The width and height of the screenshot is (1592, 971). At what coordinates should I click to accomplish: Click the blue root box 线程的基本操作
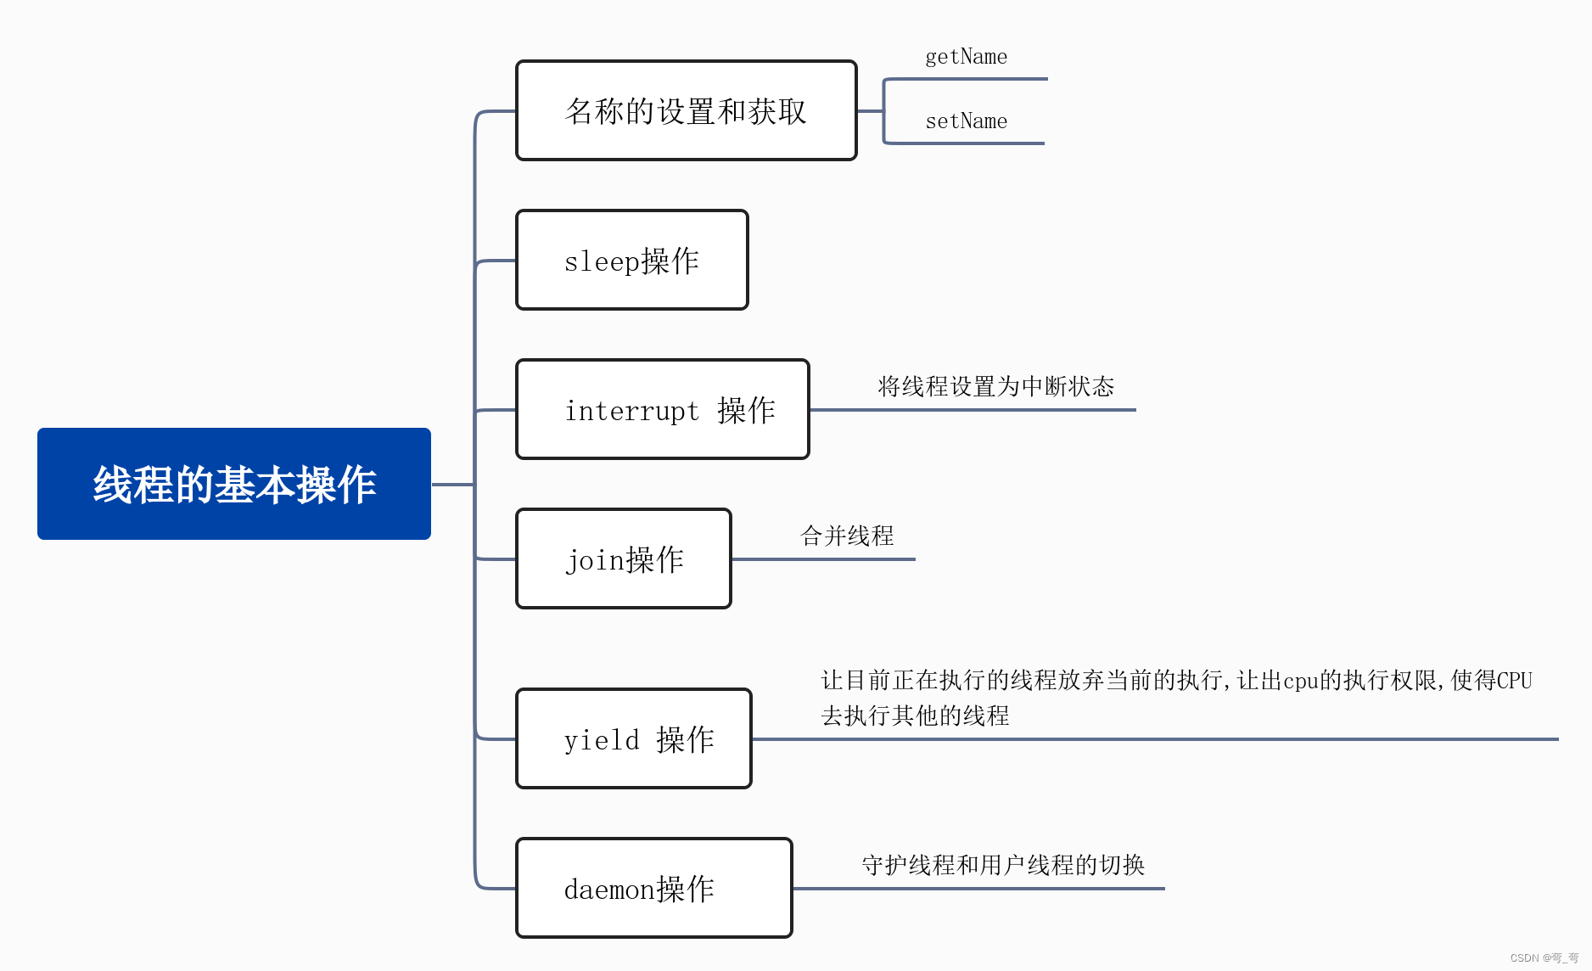point(234,484)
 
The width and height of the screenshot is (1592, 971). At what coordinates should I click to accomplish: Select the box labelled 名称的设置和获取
point(686,110)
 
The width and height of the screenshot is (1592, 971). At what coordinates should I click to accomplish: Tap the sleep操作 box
point(632,260)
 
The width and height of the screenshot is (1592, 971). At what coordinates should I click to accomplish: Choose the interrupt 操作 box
point(663,409)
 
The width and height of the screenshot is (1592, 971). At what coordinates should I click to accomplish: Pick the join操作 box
point(624,558)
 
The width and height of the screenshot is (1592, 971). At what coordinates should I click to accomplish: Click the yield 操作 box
point(634,738)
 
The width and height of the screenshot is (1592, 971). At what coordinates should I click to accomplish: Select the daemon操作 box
point(654,888)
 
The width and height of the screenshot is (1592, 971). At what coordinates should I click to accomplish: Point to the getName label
point(966,57)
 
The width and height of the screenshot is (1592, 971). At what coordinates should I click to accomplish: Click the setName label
point(966,121)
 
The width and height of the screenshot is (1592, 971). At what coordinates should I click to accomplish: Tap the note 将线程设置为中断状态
point(995,387)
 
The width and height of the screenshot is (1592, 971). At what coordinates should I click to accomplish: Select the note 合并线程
point(847,536)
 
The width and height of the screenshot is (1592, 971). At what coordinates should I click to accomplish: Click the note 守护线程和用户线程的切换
point(1003,865)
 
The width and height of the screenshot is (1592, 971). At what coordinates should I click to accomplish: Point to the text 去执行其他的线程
point(915,716)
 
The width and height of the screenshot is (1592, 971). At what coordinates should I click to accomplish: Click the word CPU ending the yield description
point(1514,681)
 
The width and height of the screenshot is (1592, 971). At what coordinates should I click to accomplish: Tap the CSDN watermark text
point(1544,958)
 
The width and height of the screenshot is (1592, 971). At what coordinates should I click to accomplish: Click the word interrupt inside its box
point(632,411)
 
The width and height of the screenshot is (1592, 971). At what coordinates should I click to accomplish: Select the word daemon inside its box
point(609,890)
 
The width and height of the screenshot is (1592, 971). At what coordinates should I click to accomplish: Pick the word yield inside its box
point(602,740)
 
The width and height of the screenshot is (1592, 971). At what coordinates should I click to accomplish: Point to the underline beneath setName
point(964,143)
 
